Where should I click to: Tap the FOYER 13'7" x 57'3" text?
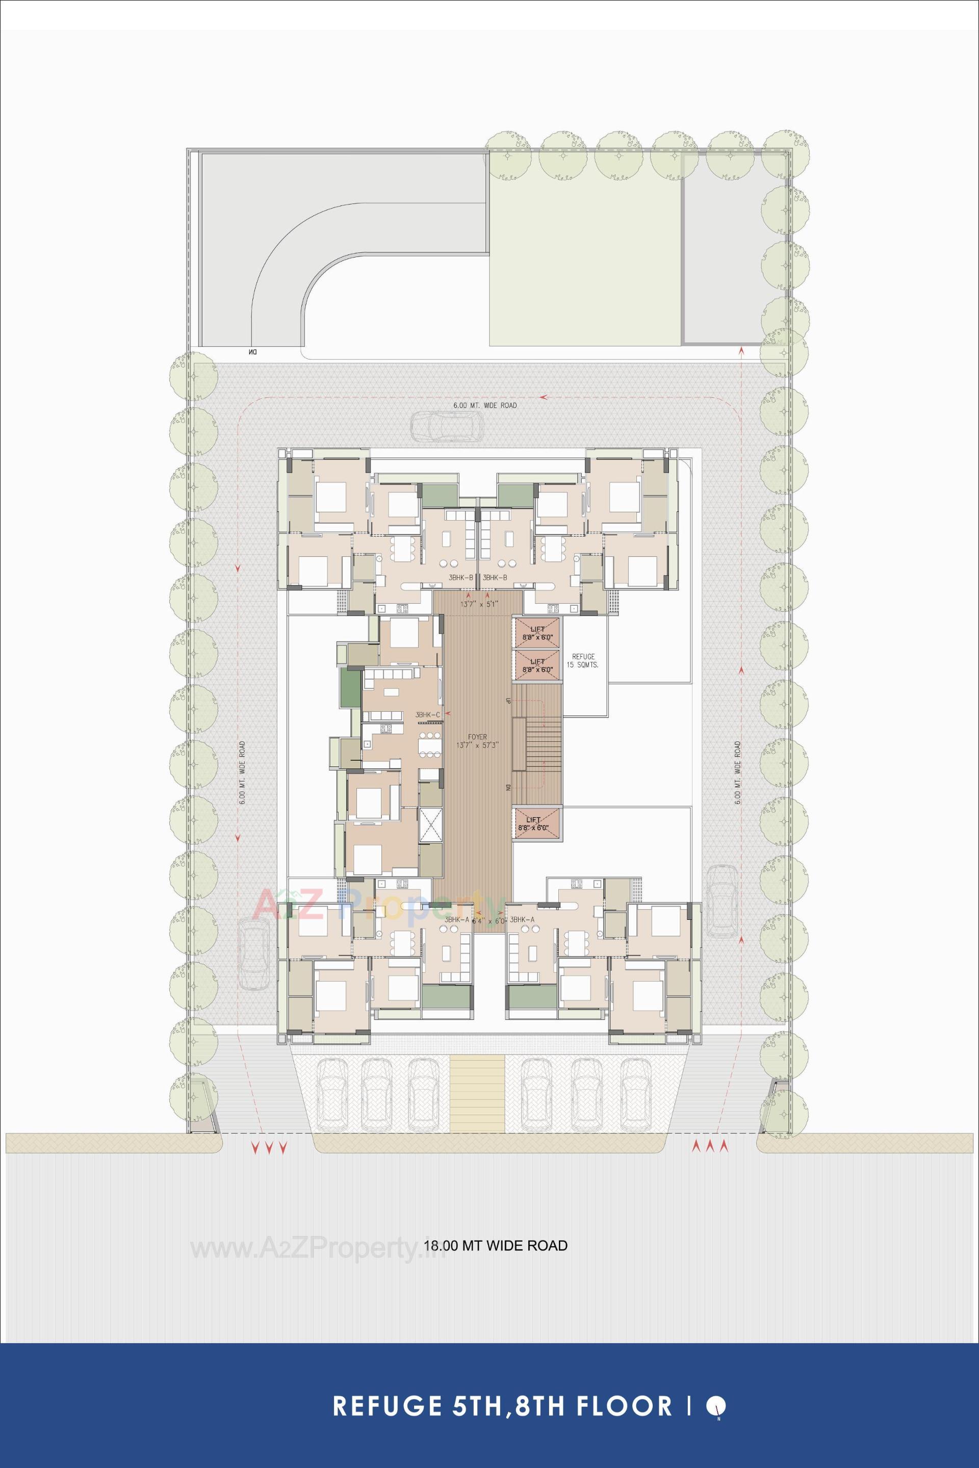[x=478, y=741]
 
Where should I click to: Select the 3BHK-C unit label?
[x=428, y=715]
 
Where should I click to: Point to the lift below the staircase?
[x=537, y=823]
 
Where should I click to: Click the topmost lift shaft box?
[x=537, y=633]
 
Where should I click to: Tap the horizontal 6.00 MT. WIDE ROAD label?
[x=484, y=405]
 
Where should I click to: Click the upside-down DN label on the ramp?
[x=253, y=353]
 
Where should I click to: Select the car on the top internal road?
[x=447, y=427]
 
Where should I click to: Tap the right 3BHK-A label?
[x=522, y=920]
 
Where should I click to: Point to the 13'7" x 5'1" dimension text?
[x=478, y=604]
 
